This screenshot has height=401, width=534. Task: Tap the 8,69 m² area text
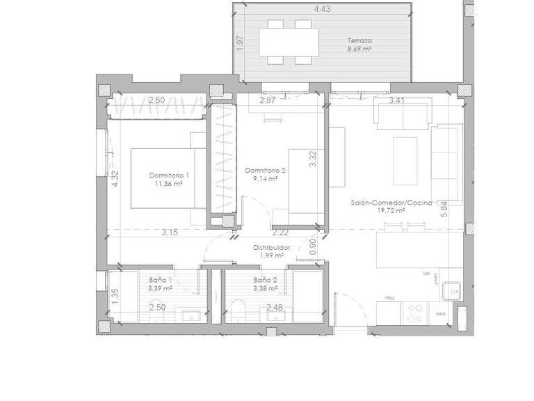359,50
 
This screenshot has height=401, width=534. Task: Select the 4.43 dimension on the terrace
322,9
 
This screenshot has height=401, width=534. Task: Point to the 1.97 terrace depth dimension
240,42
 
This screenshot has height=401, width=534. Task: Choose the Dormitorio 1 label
169,175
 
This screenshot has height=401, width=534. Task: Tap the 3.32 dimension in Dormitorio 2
313,159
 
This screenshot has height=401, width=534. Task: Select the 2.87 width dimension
268,101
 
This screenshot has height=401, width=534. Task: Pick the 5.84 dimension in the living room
444,210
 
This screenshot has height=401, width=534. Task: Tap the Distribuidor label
270,246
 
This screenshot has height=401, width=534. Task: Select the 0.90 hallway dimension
313,246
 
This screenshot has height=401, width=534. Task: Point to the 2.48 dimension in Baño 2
274,307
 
